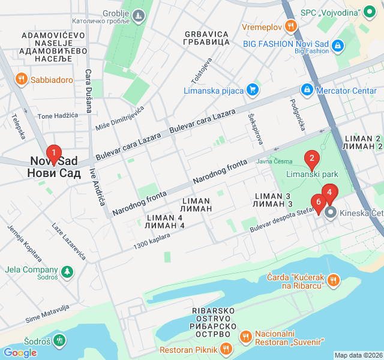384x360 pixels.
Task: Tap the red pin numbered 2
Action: pos(311,159)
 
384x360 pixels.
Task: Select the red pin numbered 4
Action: pos(329,193)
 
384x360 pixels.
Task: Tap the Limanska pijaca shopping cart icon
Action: pos(253,91)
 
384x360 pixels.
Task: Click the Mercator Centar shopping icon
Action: pos(307,91)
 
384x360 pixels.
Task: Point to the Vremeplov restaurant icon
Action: pos(291,26)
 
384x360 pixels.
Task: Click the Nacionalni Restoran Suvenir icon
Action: pos(245,337)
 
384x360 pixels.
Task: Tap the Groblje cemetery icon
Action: pos(139,14)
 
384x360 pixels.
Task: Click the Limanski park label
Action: pos(312,175)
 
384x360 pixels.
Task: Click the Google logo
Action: pos(20,352)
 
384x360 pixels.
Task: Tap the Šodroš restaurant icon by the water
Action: pos(59,341)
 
